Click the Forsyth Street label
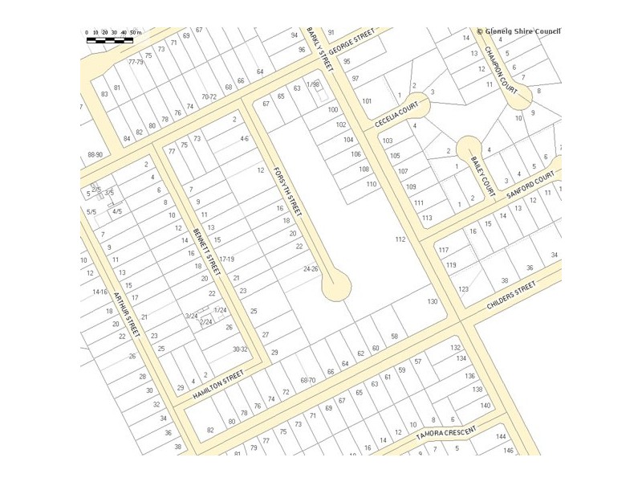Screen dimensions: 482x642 [287, 190]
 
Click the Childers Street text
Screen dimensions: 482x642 [511, 295]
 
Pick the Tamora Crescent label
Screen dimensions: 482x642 [446, 431]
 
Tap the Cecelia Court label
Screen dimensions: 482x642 [396, 114]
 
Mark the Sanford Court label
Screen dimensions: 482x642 [530, 184]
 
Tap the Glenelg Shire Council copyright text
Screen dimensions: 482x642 [518, 32]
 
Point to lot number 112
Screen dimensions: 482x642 [400, 239]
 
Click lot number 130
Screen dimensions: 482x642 [433, 301]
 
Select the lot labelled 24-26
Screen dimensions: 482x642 [311, 269]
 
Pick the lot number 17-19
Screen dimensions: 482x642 [226, 259]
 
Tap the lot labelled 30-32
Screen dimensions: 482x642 [241, 349]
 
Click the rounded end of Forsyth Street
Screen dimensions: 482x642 [336, 285]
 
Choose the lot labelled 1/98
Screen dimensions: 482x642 [313, 84]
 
